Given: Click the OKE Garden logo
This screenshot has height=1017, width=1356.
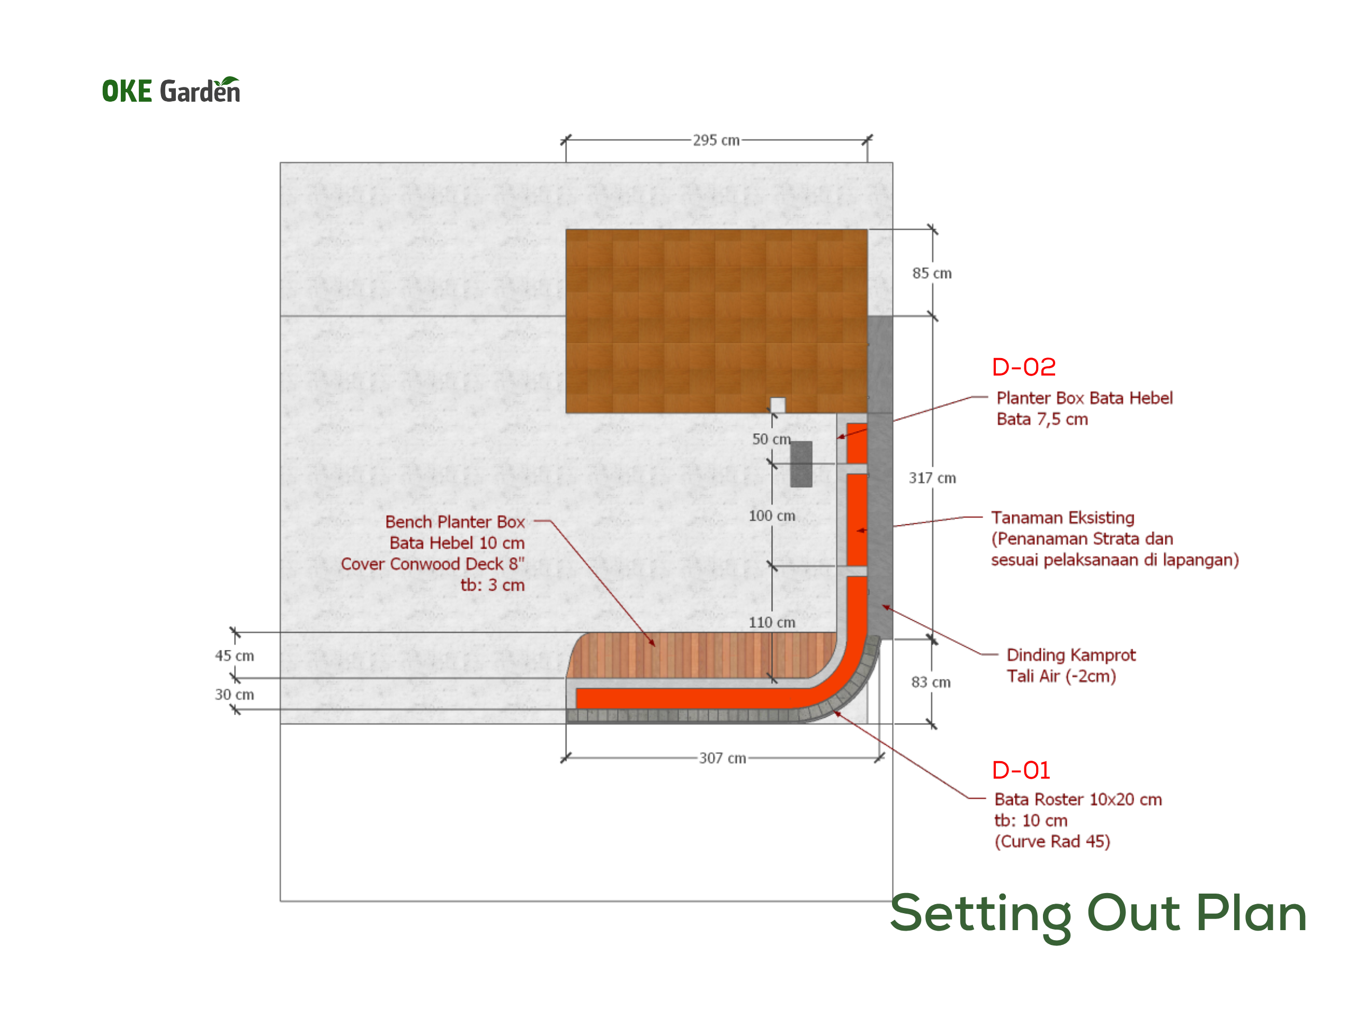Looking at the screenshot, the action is point(171,90).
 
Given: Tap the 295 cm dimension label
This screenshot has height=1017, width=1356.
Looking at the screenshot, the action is point(716,140).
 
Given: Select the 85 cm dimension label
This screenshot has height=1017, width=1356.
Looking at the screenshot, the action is point(932,273).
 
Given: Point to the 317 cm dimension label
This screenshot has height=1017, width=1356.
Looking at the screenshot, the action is point(932,478).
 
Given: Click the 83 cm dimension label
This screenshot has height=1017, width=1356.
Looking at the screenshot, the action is point(931,682).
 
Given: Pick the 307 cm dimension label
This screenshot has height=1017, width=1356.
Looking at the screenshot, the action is point(722,759).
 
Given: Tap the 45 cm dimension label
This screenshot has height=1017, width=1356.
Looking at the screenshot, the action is point(234,656).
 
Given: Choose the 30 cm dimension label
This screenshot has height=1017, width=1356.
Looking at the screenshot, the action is point(234,694).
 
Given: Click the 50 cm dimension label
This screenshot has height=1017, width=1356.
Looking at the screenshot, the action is point(771,440).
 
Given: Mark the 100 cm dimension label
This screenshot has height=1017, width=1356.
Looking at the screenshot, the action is point(772,516).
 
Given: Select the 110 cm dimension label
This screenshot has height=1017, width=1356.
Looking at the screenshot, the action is point(772,623).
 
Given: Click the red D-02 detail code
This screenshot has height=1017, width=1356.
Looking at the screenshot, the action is point(1024,367).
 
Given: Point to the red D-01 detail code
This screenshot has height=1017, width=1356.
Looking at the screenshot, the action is point(1021,771).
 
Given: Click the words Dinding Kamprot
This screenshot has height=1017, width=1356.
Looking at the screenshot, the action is point(1071,655).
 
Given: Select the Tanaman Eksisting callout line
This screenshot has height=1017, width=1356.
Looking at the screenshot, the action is point(938,522).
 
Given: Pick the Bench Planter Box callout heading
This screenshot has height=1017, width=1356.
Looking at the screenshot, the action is point(455,522).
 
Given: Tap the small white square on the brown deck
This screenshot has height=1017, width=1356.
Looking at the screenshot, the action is point(777,405).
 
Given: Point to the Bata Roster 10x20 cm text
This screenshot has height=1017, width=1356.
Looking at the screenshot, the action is point(1078,799).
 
